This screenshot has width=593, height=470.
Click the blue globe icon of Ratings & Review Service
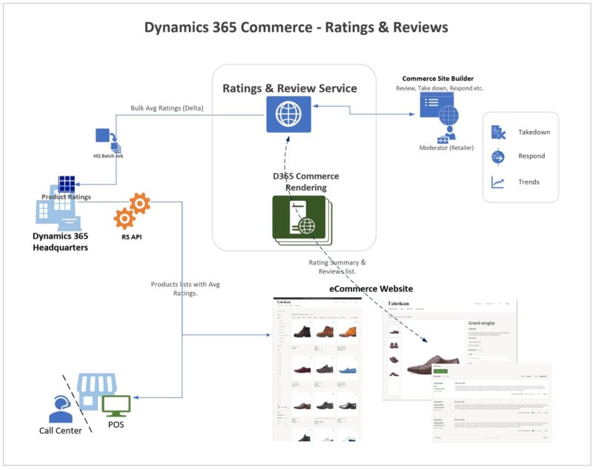coord(289,114)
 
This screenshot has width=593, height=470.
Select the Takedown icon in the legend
coord(498,133)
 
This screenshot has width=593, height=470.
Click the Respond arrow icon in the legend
coord(498,157)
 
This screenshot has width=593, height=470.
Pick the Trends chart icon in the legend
coord(498,182)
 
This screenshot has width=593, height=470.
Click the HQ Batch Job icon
coord(105,138)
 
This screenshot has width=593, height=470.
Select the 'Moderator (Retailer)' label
coord(446,148)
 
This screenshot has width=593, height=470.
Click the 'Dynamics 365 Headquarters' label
coord(61,242)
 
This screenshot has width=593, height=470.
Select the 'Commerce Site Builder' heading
coord(437,79)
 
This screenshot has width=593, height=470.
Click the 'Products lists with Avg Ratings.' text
coord(185,288)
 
